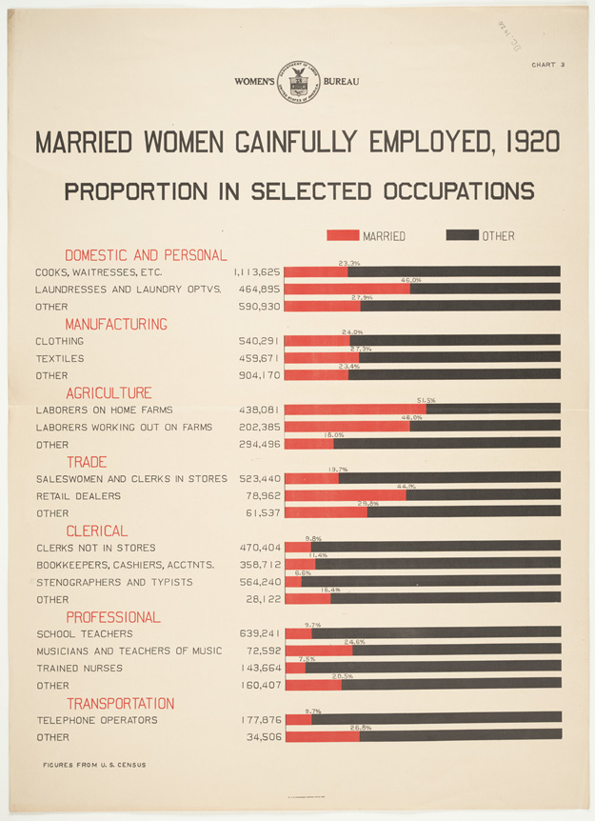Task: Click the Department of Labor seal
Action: (x=297, y=82)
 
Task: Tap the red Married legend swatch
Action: (x=343, y=235)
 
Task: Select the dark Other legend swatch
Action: (x=462, y=235)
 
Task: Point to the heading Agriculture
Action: (x=109, y=392)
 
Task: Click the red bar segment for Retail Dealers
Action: (x=345, y=495)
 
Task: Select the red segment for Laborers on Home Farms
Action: (x=354, y=410)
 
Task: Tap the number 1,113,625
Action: (x=257, y=271)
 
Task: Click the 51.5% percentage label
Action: (x=426, y=401)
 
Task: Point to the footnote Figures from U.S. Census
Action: (x=93, y=765)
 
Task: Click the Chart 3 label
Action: (x=549, y=65)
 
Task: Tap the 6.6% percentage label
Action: (x=303, y=573)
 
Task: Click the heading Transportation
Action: (x=120, y=703)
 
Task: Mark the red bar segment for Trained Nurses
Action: (x=294, y=668)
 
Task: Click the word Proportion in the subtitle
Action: (x=136, y=191)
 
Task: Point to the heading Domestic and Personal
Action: (x=146, y=255)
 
